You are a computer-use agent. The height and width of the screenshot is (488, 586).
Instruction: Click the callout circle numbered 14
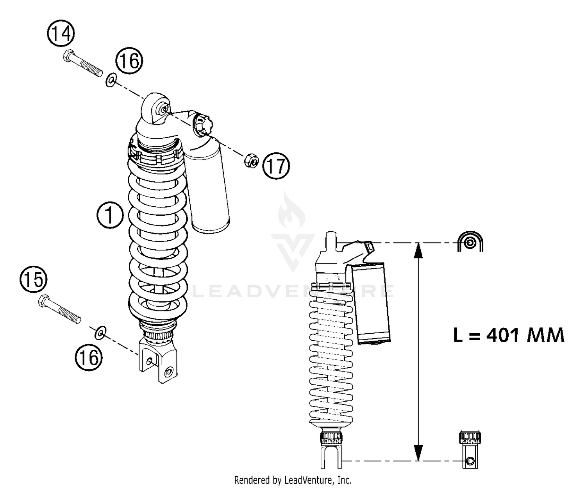pyautogui.click(x=61, y=34)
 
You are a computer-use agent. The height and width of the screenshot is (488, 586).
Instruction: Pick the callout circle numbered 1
pyautogui.click(x=110, y=215)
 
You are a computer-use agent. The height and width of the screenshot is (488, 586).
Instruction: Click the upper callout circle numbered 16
pyautogui.click(x=129, y=61)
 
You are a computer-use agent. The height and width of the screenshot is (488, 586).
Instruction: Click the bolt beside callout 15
pyautogui.click(x=59, y=309)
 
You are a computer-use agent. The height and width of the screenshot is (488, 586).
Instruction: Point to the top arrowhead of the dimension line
pyautogui.click(x=418, y=250)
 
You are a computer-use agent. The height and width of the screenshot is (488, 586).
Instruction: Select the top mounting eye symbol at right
pyautogui.click(x=470, y=242)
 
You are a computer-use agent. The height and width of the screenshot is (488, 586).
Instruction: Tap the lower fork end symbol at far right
pyautogui.click(x=470, y=450)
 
